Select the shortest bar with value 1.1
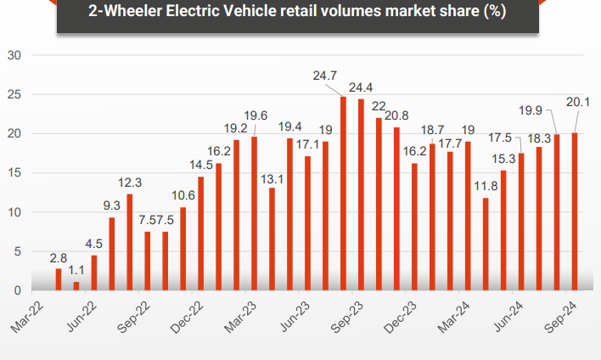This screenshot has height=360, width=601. pyautogui.click(x=76, y=286)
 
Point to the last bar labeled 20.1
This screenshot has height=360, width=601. pyautogui.click(x=575, y=211)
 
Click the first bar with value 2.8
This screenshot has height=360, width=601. pyautogui.click(x=59, y=279)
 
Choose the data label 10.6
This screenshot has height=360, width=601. pyautogui.click(x=181, y=195)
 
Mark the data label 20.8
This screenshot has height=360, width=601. pyautogui.click(x=396, y=115)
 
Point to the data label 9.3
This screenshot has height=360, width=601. pyautogui.click(x=112, y=205)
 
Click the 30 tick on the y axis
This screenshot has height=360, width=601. pyautogui.click(x=14, y=55)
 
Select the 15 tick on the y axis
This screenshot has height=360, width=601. pyautogui.click(x=14, y=173)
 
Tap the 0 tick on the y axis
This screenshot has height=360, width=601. pyautogui.click(x=18, y=290)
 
